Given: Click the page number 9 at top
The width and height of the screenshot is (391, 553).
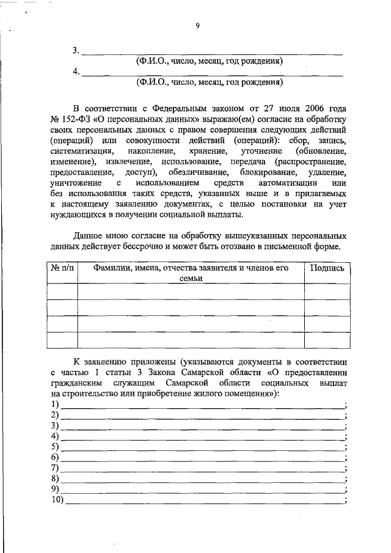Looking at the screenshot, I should click(x=197, y=25).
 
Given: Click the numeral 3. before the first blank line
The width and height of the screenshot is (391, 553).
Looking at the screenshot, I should click(x=76, y=51).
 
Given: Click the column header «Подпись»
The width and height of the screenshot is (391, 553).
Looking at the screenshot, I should click(x=327, y=268).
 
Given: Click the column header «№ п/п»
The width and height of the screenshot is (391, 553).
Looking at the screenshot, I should click(x=62, y=268).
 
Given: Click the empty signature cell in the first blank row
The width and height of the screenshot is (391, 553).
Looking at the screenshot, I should click(x=327, y=291).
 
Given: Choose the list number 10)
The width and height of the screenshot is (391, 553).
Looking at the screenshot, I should click(x=58, y=499).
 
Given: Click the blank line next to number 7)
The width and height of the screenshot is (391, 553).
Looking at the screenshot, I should click(x=202, y=469).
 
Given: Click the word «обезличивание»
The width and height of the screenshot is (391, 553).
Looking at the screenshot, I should click(x=195, y=173).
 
